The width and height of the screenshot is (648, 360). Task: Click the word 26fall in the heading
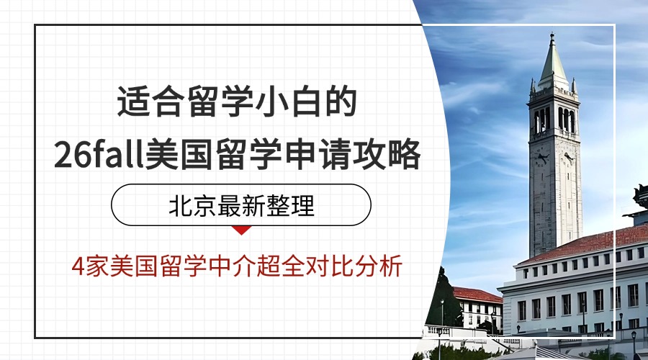[x=99, y=154]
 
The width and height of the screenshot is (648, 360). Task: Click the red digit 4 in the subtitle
[x=78, y=266]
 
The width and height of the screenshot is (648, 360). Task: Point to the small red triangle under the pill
[x=241, y=230]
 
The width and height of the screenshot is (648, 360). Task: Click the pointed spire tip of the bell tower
[x=552, y=35]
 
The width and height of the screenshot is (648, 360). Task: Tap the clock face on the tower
[x=541, y=158]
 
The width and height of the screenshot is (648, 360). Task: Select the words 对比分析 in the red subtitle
[x=354, y=266]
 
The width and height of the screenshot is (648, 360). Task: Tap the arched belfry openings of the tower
[x=554, y=119]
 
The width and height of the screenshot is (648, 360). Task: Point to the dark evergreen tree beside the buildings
[x=444, y=298]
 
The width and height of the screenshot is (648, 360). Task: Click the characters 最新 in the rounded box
[x=241, y=205]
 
